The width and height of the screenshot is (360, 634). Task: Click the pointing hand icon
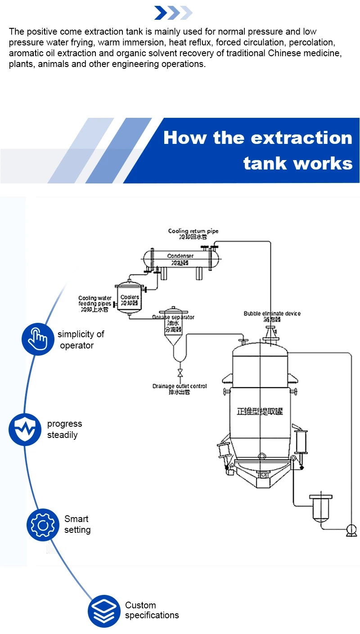(x=37, y=339)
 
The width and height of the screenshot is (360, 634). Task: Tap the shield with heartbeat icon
(x=25, y=429)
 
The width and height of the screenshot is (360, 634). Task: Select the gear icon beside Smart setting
(x=43, y=525)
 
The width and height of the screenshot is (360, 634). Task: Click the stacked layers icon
(x=104, y=611)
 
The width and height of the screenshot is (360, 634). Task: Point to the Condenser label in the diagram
(x=180, y=256)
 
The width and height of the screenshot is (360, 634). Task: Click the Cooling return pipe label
(x=193, y=231)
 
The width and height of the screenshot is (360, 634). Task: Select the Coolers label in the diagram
(x=130, y=298)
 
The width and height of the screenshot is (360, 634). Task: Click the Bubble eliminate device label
(x=272, y=313)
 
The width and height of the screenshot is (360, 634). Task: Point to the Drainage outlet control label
(x=180, y=386)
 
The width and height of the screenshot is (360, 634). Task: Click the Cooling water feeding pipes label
(x=94, y=301)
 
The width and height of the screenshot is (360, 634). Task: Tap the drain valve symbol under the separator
(x=180, y=373)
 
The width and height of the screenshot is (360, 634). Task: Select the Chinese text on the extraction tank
(x=260, y=411)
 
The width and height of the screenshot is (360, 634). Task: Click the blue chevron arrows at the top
(x=173, y=13)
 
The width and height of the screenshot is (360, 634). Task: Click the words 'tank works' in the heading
(x=298, y=164)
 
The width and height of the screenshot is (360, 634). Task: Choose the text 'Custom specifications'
(x=152, y=610)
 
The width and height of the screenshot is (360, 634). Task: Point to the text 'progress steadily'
(x=64, y=429)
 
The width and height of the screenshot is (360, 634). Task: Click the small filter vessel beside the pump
(x=320, y=507)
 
